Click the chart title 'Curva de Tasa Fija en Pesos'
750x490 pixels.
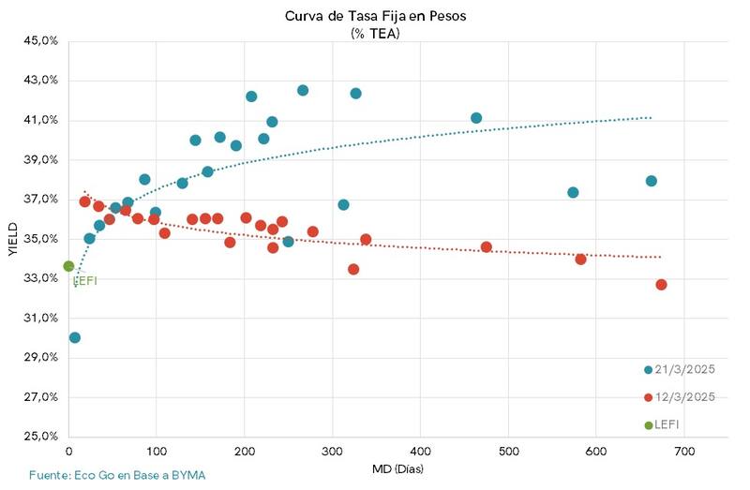pyautogui.click(x=375, y=16)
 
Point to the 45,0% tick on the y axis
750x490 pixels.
pyautogui.click(x=41, y=41)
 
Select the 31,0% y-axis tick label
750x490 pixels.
pyautogui.click(x=41, y=319)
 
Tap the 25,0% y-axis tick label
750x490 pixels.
pyautogui.click(x=41, y=437)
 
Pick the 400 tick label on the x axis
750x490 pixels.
pyautogui.click(x=420, y=452)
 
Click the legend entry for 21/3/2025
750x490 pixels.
pyautogui.click(x=681, y=369)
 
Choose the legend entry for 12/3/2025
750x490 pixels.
pyautogui.click(x=681, y=397)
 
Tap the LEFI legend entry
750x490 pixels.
pyautogui.click(x=667, y=425)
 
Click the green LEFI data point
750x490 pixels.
pyautogui.click(x=68, y=266)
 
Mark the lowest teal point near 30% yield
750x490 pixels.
pyautogui.click(x=75, y=337)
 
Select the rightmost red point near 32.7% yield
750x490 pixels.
pyautogui.click(x=661, y=285)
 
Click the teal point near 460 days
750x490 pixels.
pyautogui.click(x=476, y=118)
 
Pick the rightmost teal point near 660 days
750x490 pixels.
pyautogui.click(x=651, y=181)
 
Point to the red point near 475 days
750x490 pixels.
pyautogui.click(x=486, y=247)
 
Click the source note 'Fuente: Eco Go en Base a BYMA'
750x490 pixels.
pyautogui.click(x=117, y=475)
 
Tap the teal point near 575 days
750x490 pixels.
pyautogui.click(x=573, y=192)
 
